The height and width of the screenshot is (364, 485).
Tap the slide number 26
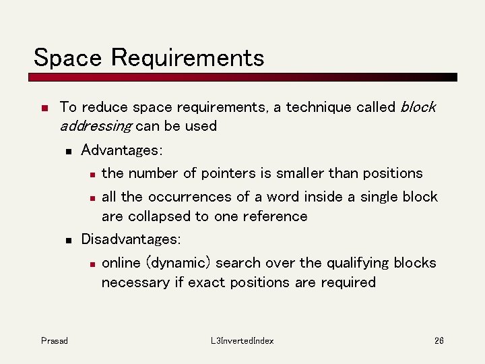(439, 341)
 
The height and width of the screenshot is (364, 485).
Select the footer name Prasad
(54, 341)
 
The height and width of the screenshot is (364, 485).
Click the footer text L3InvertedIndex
(242, 341)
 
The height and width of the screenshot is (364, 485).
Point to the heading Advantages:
(122, 149)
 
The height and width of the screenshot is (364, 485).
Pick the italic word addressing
(95, 127)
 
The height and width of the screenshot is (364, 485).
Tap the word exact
(207, 282)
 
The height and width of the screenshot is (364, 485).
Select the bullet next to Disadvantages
(68, 240)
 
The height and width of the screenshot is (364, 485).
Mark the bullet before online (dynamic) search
(92, 264)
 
